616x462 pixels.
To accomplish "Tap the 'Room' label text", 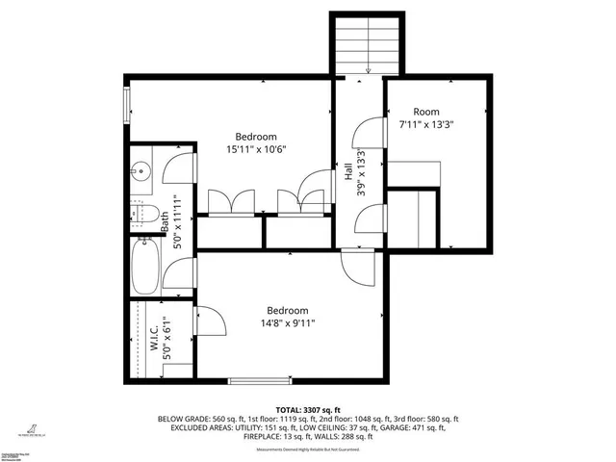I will pos(426,112).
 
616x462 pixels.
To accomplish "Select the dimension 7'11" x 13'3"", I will pos(426,124).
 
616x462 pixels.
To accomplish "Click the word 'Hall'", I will pos(347,172).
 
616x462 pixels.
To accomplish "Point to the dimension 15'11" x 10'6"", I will pos(257,149).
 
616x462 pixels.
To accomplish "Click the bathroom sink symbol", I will pos(141,172).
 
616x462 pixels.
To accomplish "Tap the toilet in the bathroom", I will pos(145,214).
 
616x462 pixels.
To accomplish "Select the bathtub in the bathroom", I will pos(145,267).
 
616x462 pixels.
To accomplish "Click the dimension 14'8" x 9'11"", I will pos(287,323).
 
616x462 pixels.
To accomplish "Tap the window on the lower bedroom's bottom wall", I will pos(259,379).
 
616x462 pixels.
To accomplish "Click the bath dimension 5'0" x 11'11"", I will pos(176,222).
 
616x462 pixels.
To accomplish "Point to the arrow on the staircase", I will pos(369,67).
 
